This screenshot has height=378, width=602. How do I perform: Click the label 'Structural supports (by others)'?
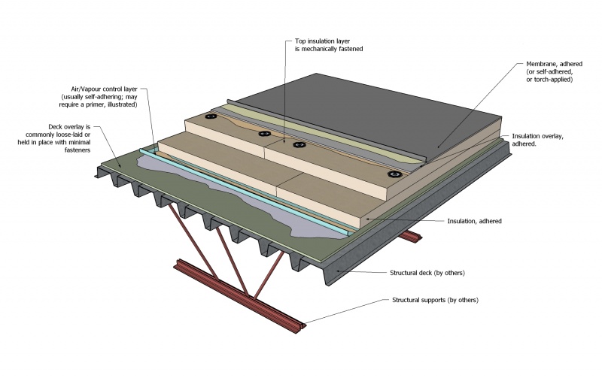(435, 300)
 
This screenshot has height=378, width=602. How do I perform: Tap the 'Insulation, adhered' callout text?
(474, 222)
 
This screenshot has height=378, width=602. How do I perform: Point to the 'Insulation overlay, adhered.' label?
(537, 139)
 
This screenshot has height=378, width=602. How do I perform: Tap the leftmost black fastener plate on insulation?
(211, 116)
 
